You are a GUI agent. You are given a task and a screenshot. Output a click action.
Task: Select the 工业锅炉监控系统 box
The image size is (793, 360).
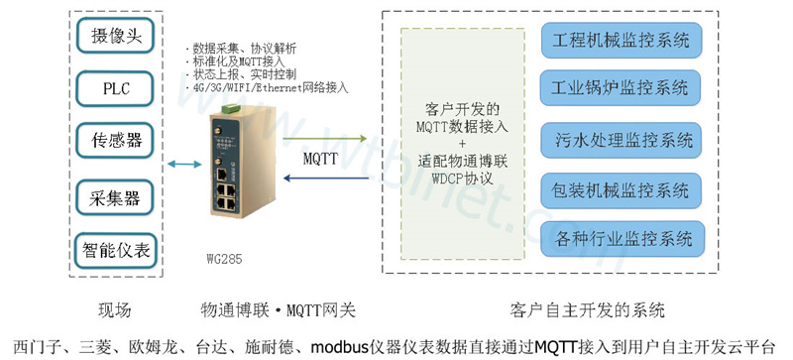pos(622,88)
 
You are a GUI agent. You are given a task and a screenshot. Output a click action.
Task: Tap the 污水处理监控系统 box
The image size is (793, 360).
pos(622,138)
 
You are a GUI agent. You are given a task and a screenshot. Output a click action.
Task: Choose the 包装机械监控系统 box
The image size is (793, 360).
pos(622,187)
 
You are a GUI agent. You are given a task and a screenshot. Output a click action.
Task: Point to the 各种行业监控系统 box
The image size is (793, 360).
pos(622,237)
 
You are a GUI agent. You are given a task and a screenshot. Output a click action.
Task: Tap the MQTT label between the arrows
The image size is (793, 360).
pos(320,159)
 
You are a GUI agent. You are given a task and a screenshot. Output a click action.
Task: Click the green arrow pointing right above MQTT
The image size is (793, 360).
pos(322,139)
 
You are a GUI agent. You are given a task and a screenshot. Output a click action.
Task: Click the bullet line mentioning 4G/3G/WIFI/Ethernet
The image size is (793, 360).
pos(268,87)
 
